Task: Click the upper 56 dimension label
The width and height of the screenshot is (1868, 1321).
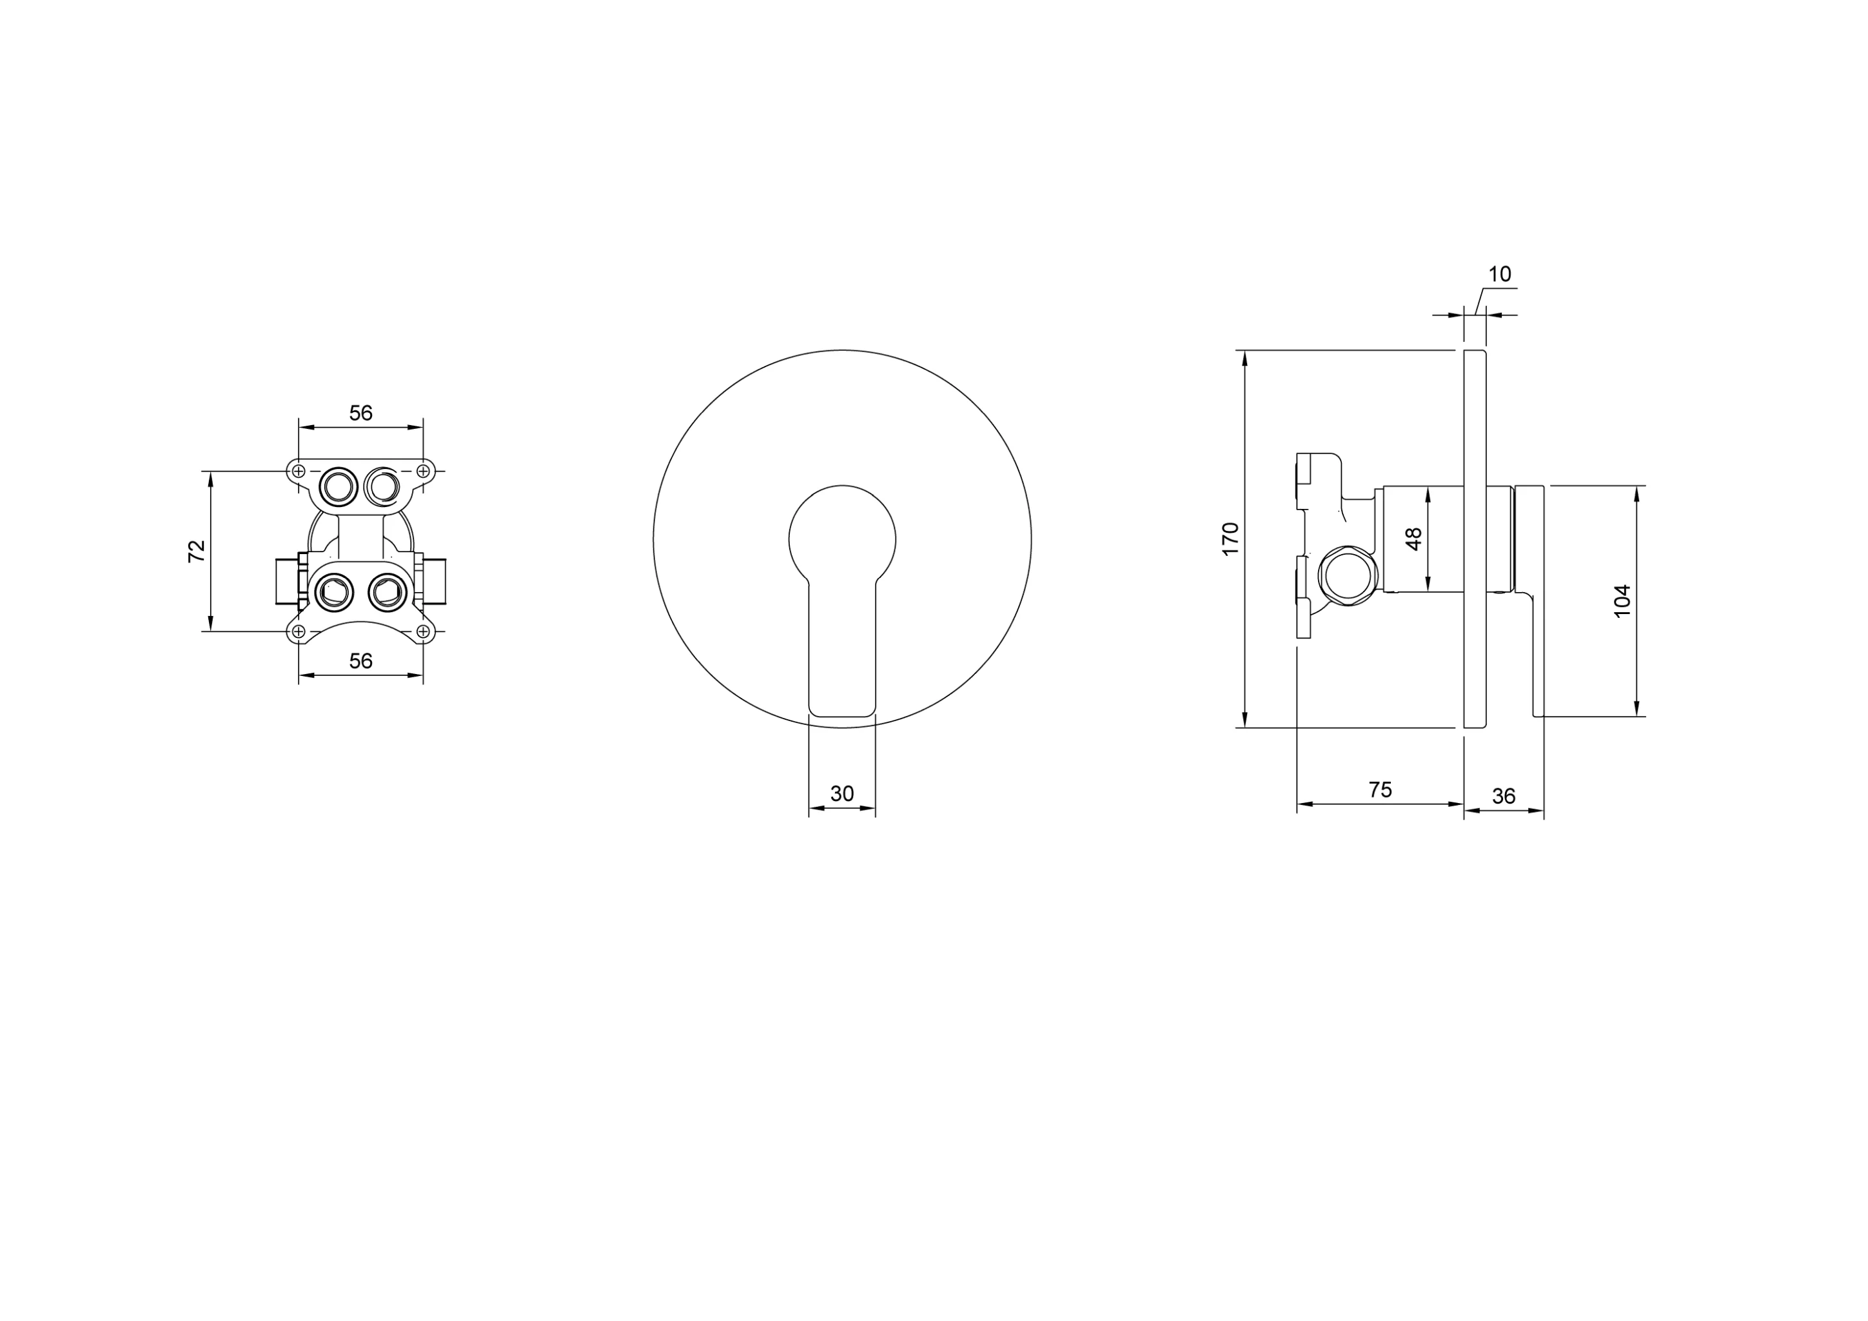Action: pyautogui.click(x=360, y=413)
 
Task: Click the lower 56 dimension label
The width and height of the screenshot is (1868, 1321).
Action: pyautogui.click(x=360, y=662)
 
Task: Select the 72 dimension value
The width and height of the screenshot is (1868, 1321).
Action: pyautogui.click(x=197, y=551)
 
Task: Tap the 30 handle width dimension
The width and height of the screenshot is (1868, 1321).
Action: pyautogui.click(x=842, y=793)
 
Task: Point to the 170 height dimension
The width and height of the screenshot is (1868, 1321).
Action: pyautogui.click(x=1230, y=539)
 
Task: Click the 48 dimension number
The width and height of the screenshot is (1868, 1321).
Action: pyautogui.click(x=1414, y=539)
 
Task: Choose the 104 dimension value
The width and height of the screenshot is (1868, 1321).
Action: pyautogui.click(x=1622, y=602)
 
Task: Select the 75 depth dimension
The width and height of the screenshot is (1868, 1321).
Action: pyautogui.click(x=1380, y=790)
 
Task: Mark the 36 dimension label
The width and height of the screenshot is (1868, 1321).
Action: pyautogui.click(x=1504, y=796)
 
